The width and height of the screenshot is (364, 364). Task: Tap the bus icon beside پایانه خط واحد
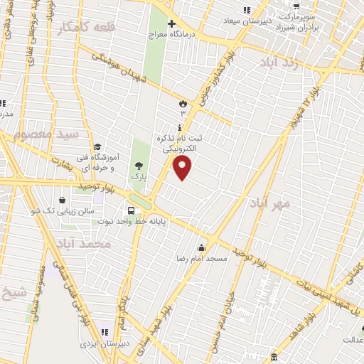132,210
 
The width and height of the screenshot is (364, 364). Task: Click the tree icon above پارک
137,164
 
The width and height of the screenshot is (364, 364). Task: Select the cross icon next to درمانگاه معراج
171,23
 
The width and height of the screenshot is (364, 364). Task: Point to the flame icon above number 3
183,103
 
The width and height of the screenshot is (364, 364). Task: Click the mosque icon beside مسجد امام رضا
202,247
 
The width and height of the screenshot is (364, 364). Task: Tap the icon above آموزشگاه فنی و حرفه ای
97,146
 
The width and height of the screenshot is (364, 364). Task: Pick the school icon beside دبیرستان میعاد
247,9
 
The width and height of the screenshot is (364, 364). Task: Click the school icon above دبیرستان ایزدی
105,332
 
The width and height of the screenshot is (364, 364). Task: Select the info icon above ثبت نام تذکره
178,126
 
